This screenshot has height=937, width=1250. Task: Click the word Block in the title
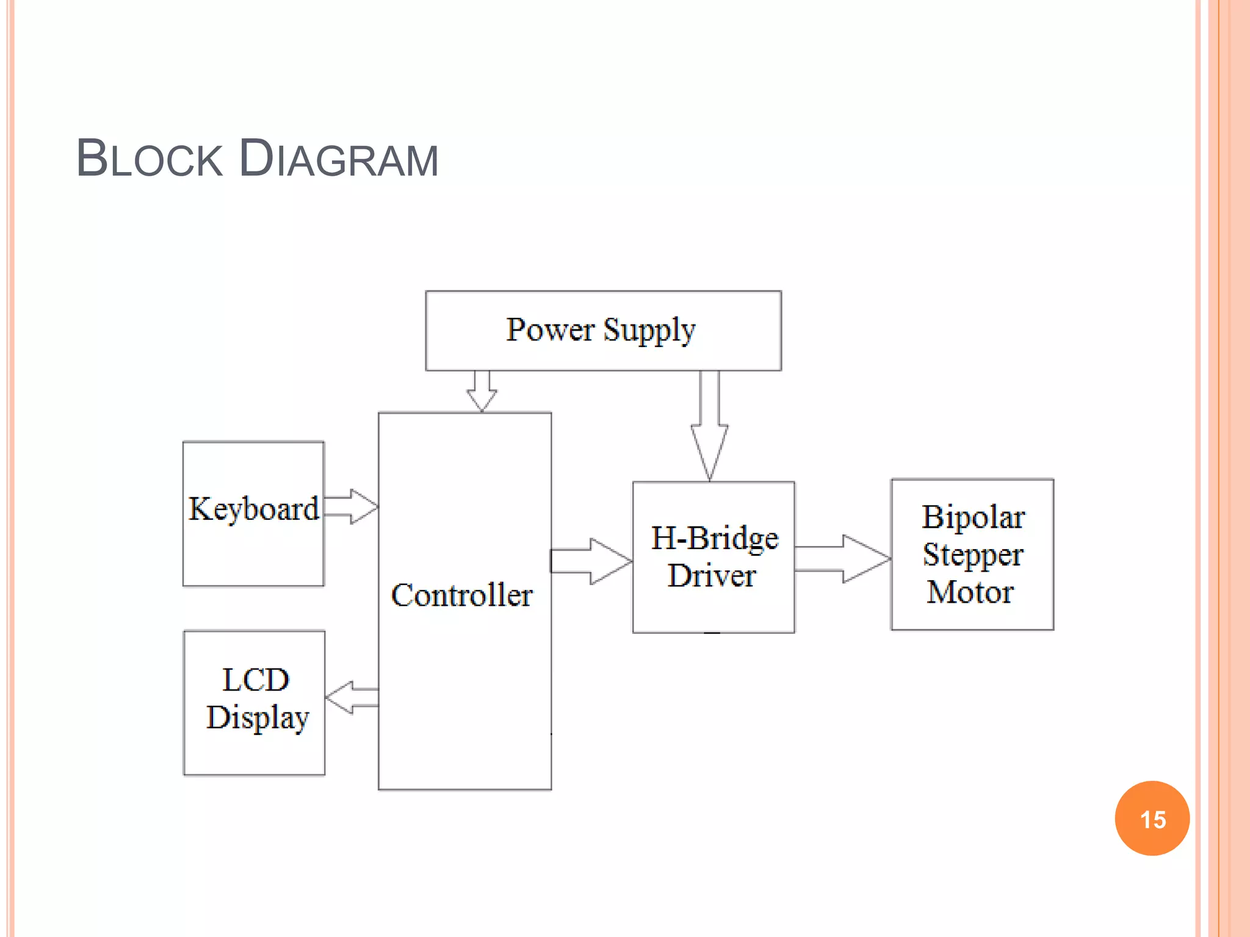pyautogui.click(x=150, y=159)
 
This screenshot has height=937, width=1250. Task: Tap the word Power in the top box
pyautogui.click(x=550, y=329)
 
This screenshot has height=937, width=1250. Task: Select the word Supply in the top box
pyautogui.click(x=649, y=331)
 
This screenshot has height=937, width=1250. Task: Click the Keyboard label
pyautogui.click(x=253, y=509)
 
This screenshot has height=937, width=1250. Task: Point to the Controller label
pyautogui.click(x=461, y=595)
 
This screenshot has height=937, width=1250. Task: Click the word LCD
pyautogui.click(x=255, y=680)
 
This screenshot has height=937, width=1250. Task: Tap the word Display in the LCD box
pyautogui.click(x=258, y=718)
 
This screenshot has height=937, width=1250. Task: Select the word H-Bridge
pyautogui.click(x=715, y=539)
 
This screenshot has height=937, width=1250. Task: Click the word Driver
pyautogui.click(x=712, y=576)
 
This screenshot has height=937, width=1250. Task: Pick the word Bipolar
pyautogui.click(x=973, y=517)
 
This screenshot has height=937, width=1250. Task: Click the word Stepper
pyautogui.click(x=972, y=555)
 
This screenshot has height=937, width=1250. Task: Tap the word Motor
pyautogui.click(x=970, y=592)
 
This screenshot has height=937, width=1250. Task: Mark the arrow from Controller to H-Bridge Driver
pyautogui.click(x=591, y=561)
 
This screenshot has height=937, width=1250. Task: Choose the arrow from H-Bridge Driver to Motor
pyautogui.click(x=842, y=559)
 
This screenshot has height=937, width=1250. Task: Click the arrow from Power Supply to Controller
pyautogui.click(x=482, y=390)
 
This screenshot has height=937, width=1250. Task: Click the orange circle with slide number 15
pyautogui.click(x=1152, y=819)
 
